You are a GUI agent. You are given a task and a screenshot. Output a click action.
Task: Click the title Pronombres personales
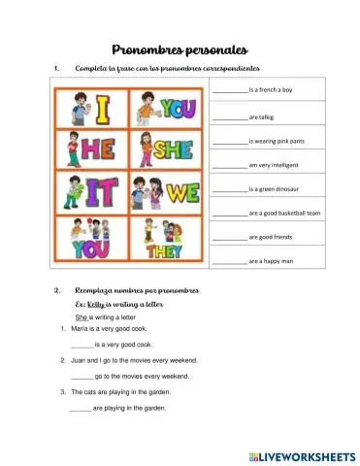pos(180,49)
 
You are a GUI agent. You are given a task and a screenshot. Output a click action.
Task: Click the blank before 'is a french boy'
pos(230,89)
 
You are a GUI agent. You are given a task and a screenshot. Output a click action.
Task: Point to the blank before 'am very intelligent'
pos(230,164)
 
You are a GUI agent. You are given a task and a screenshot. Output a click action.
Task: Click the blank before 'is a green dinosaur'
pos(230,188)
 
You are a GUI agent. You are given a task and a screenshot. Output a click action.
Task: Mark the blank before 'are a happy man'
pos(230,261)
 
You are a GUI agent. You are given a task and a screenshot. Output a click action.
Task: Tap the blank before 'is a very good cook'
pos(82,345)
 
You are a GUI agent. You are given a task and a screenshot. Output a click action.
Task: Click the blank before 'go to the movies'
pos(82,376)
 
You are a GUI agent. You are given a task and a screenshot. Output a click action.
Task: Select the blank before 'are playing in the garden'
pos(82,408)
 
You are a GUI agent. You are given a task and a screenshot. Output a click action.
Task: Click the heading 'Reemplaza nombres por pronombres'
pos(136,290)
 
